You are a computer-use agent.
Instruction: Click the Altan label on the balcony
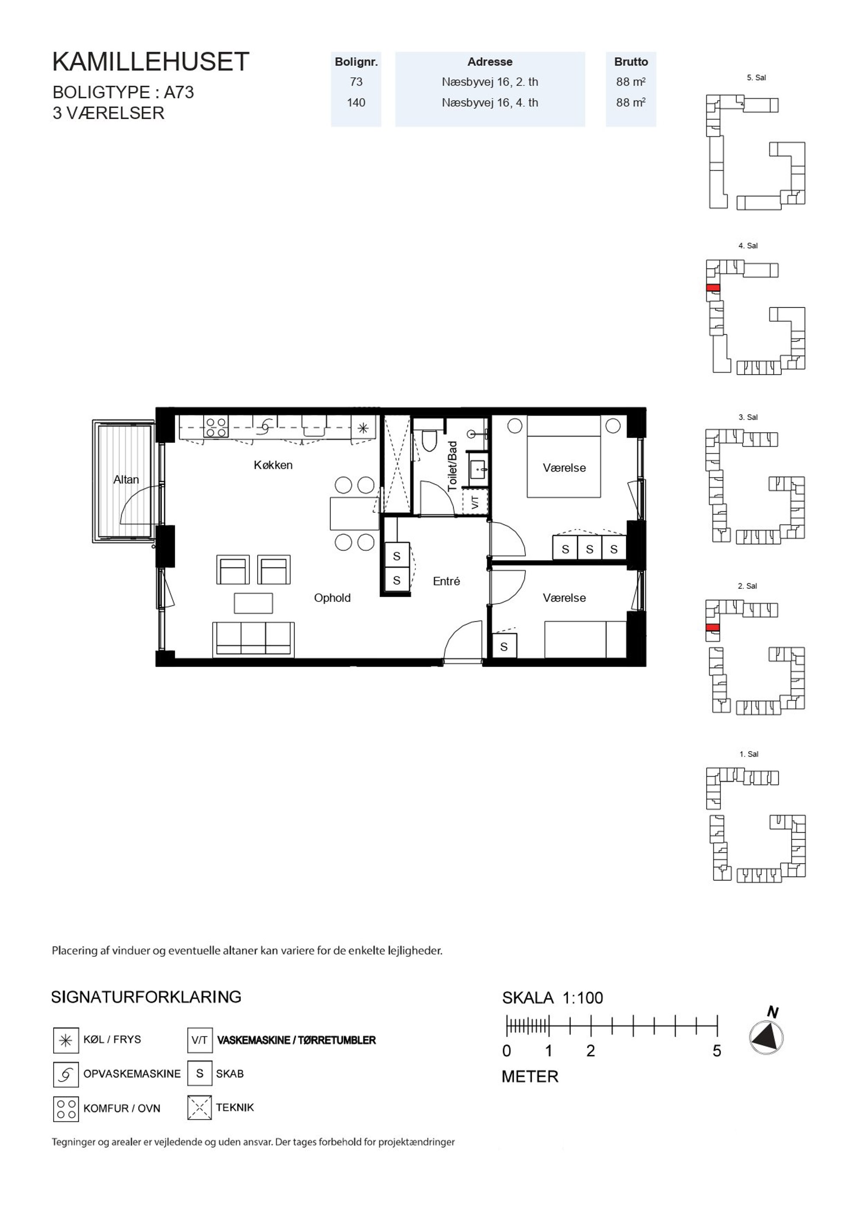tap(126, 479)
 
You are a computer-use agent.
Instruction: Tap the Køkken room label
tap(273, 465)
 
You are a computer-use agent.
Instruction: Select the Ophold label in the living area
tap(332, 598)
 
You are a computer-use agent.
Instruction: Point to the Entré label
tap(446, 581)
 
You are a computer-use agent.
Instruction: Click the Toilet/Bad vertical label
tap(452, 466)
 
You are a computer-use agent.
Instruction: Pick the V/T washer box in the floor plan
tap(474, 501)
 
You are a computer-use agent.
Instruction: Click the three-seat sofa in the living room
tap(253, 639)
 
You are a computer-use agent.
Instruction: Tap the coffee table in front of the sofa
tap(253, 603)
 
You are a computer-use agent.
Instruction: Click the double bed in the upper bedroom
tap(563, 457)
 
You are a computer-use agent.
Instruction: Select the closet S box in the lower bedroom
tap(504, 646)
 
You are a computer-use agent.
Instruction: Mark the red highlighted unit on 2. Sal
tap(713, 628)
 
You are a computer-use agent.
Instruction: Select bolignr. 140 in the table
tap(356, 103)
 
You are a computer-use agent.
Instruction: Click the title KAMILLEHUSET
tap(150, 62)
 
